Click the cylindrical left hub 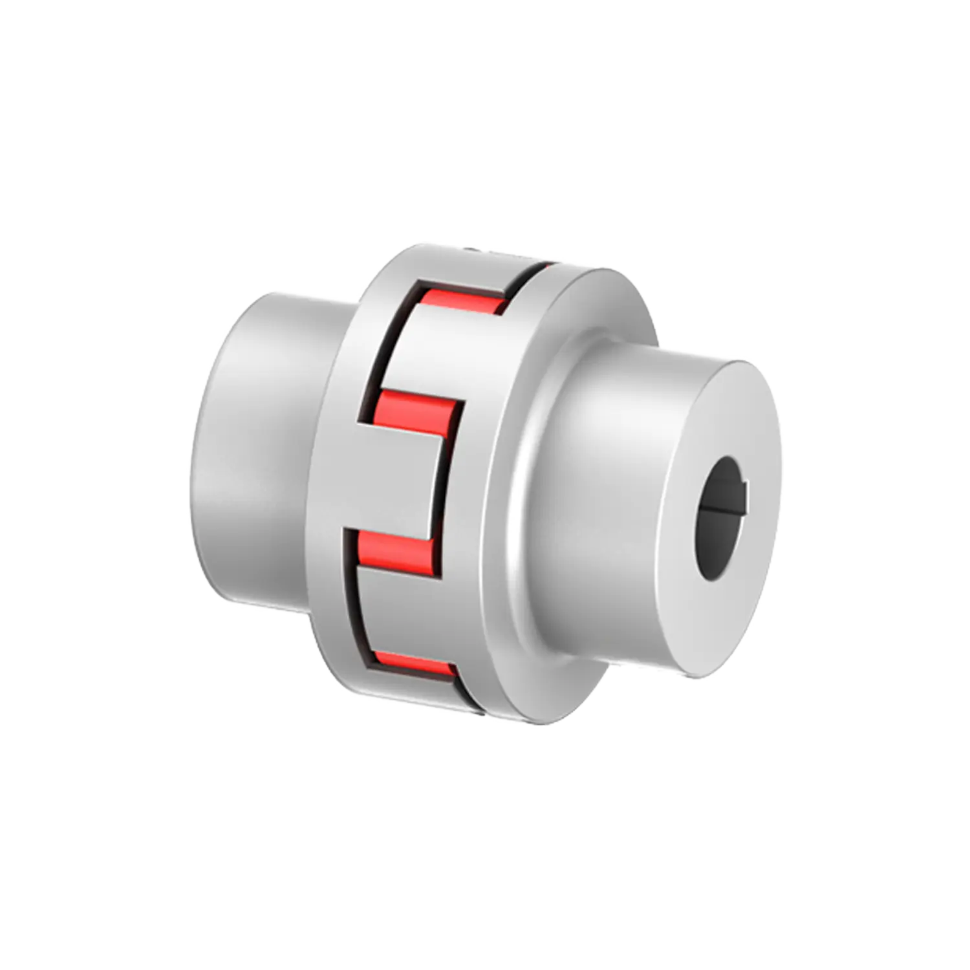259,453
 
